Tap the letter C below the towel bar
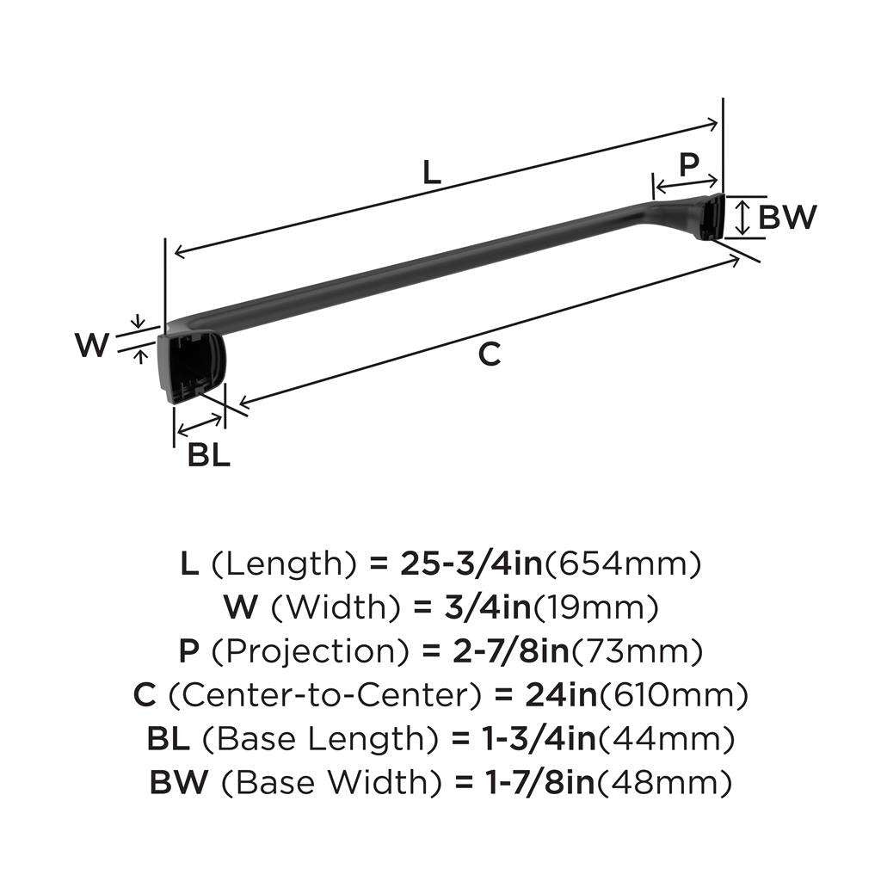coord(489,354)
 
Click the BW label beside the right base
coord(786,217)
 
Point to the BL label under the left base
coord(209,455)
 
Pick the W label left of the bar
coord(92,346)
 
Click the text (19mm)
coord(596,608)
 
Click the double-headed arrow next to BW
coord(744,217)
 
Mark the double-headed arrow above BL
coord(199,422)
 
